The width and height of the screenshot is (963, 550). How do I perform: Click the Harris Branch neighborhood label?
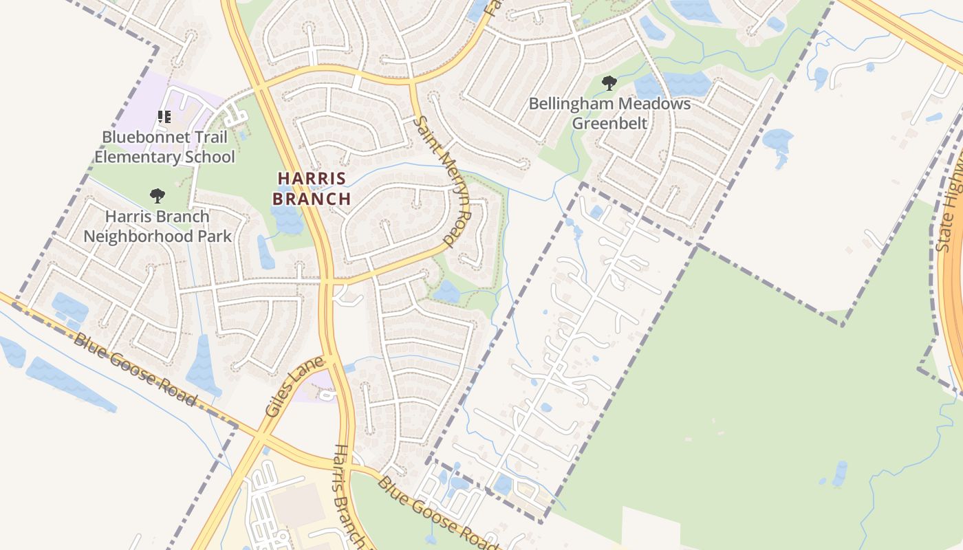click(312, 188)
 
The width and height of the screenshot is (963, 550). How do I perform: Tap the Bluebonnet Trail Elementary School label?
click(164, 146)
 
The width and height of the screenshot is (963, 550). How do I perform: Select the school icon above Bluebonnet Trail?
click(164, 116)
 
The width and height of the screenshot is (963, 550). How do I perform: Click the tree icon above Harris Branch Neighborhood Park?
click(158, 196)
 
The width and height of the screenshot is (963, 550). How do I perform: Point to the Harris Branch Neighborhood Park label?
click(158, 226)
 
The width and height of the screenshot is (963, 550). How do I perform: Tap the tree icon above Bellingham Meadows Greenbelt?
click(609, 83)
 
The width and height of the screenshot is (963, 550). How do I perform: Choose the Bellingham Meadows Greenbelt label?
click(610, 113)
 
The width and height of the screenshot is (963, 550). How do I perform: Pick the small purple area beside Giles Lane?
click(316, 385)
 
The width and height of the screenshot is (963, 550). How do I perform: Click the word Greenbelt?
click(610, 124)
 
